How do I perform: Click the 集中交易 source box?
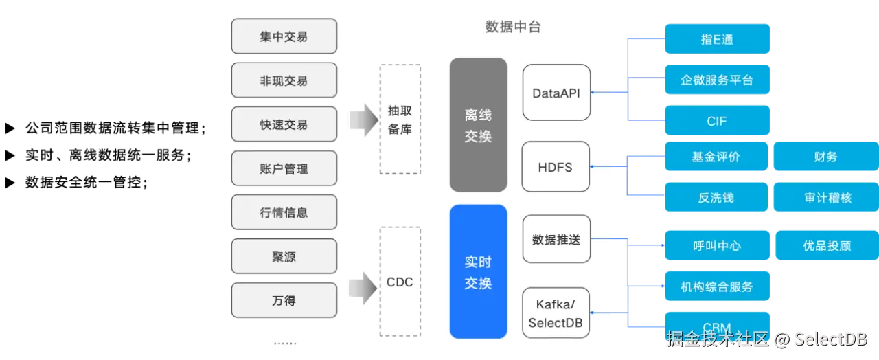(x=284, y=36)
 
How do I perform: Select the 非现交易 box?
(x=284, y=80)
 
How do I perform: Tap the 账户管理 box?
(x=284, y=168)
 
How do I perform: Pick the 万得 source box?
(x=284, y=300)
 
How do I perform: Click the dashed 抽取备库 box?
(x=400, y=120)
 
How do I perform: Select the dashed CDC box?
(x=400, y=282)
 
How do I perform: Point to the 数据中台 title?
(x=512, y=27)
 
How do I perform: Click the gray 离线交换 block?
(x=478, y=125)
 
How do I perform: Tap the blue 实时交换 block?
(x=478, y=271)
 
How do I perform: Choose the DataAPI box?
(x=556, y=93)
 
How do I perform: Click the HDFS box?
(x=556, y=167)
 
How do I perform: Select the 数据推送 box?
(x=556, y=240)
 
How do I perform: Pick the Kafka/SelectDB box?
(x=556, y=313)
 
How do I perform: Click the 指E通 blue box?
(x=717, y=39)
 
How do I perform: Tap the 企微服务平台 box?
(x=717, y=80)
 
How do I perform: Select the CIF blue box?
(x=717, y=121)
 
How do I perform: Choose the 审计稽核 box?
(x=827, y=197)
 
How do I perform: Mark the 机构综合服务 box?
(x=717, y=286)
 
